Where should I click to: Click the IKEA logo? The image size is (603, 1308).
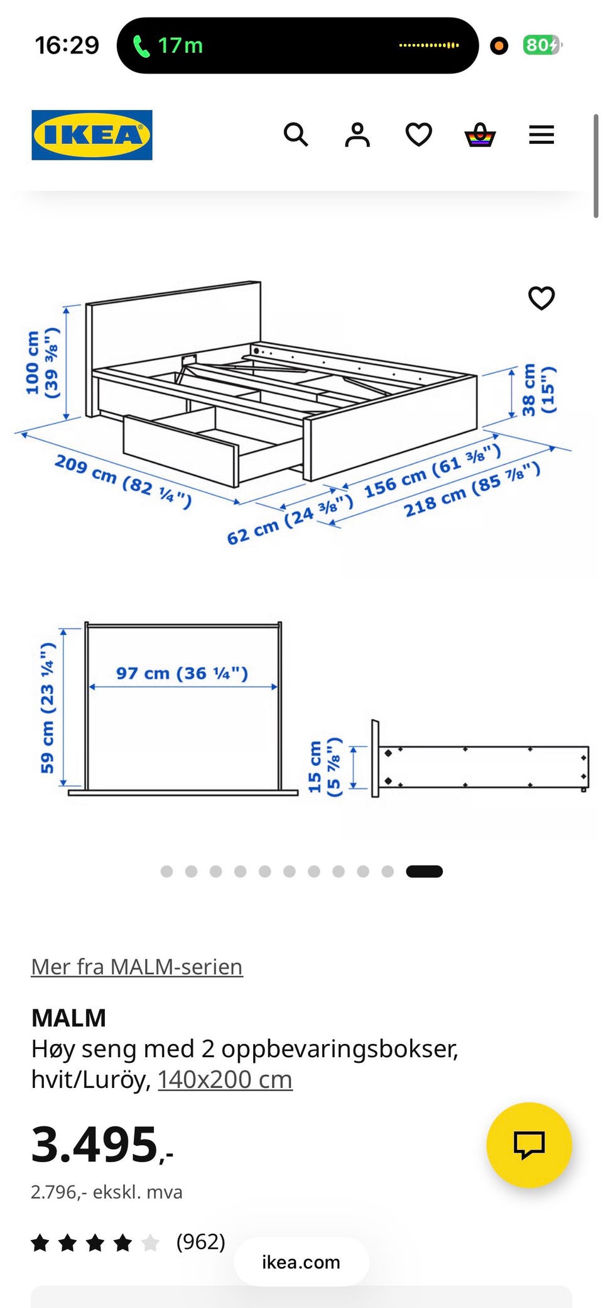tap(92, 135)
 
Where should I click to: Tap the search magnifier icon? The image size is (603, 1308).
tap(296, 135)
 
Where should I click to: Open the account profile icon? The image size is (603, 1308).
tap(357, 135)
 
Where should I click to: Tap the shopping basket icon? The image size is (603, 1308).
tap(480, 135)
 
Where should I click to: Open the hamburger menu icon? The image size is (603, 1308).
tap(541, 135)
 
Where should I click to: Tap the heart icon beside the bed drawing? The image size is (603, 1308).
tap(541, 298)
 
